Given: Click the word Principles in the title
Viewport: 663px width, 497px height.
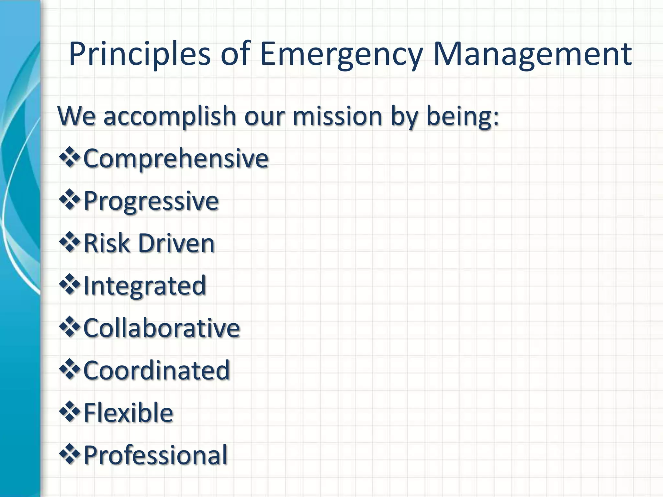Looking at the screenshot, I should coord(140,54).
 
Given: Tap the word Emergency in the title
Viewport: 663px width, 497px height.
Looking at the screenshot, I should coord(341,54).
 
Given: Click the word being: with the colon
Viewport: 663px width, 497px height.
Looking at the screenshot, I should coord(463,116).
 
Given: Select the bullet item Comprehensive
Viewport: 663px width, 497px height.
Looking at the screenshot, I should coord(176,159).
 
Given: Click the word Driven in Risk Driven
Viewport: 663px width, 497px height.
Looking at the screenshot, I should coord(176,243).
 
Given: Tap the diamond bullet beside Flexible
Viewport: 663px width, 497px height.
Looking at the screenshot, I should coord(69,411).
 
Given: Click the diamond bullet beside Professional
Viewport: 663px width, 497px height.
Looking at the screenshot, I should coord(69,454).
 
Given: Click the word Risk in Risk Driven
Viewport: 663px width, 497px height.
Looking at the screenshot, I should coord(107,243).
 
